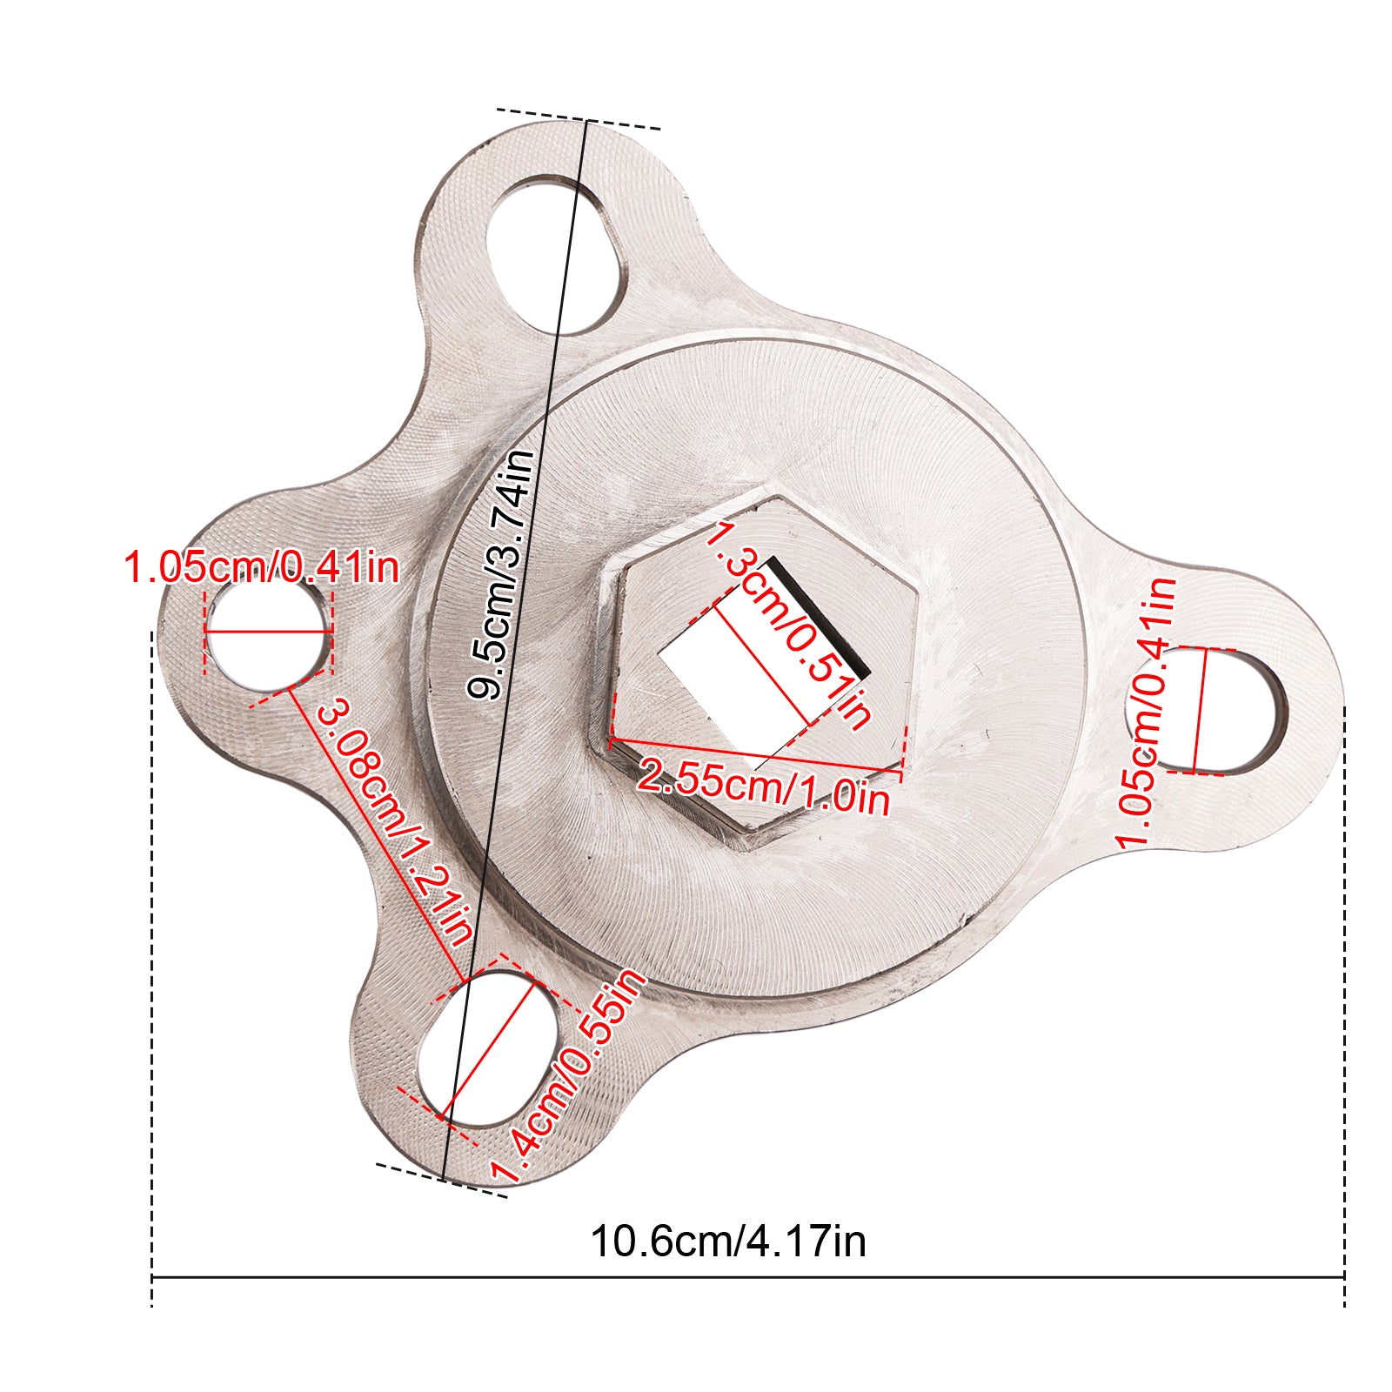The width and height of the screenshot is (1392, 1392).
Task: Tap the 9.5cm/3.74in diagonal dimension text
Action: pyautogui.click(x=500, y=574)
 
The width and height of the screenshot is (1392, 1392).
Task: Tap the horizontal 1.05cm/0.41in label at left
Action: pyautogui.click(x=262, y=567)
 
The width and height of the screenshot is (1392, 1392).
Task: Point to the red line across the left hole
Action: pyautogui.click(x=268, y=630)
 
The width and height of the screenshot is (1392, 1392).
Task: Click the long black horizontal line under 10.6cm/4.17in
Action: pyautogui.click(x=748, y=1278)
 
